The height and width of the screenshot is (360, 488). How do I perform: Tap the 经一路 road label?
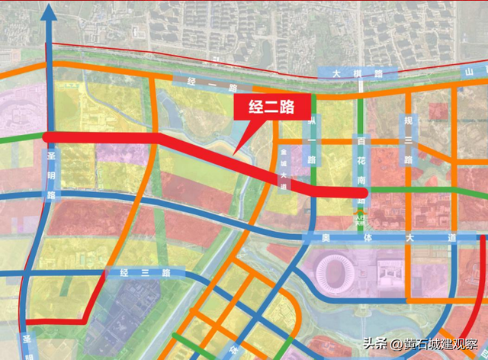click(x=201, y=79)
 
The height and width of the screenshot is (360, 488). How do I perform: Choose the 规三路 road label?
click(x=409, y=139)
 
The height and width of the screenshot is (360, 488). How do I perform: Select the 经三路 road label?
click(x=145, y=272)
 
